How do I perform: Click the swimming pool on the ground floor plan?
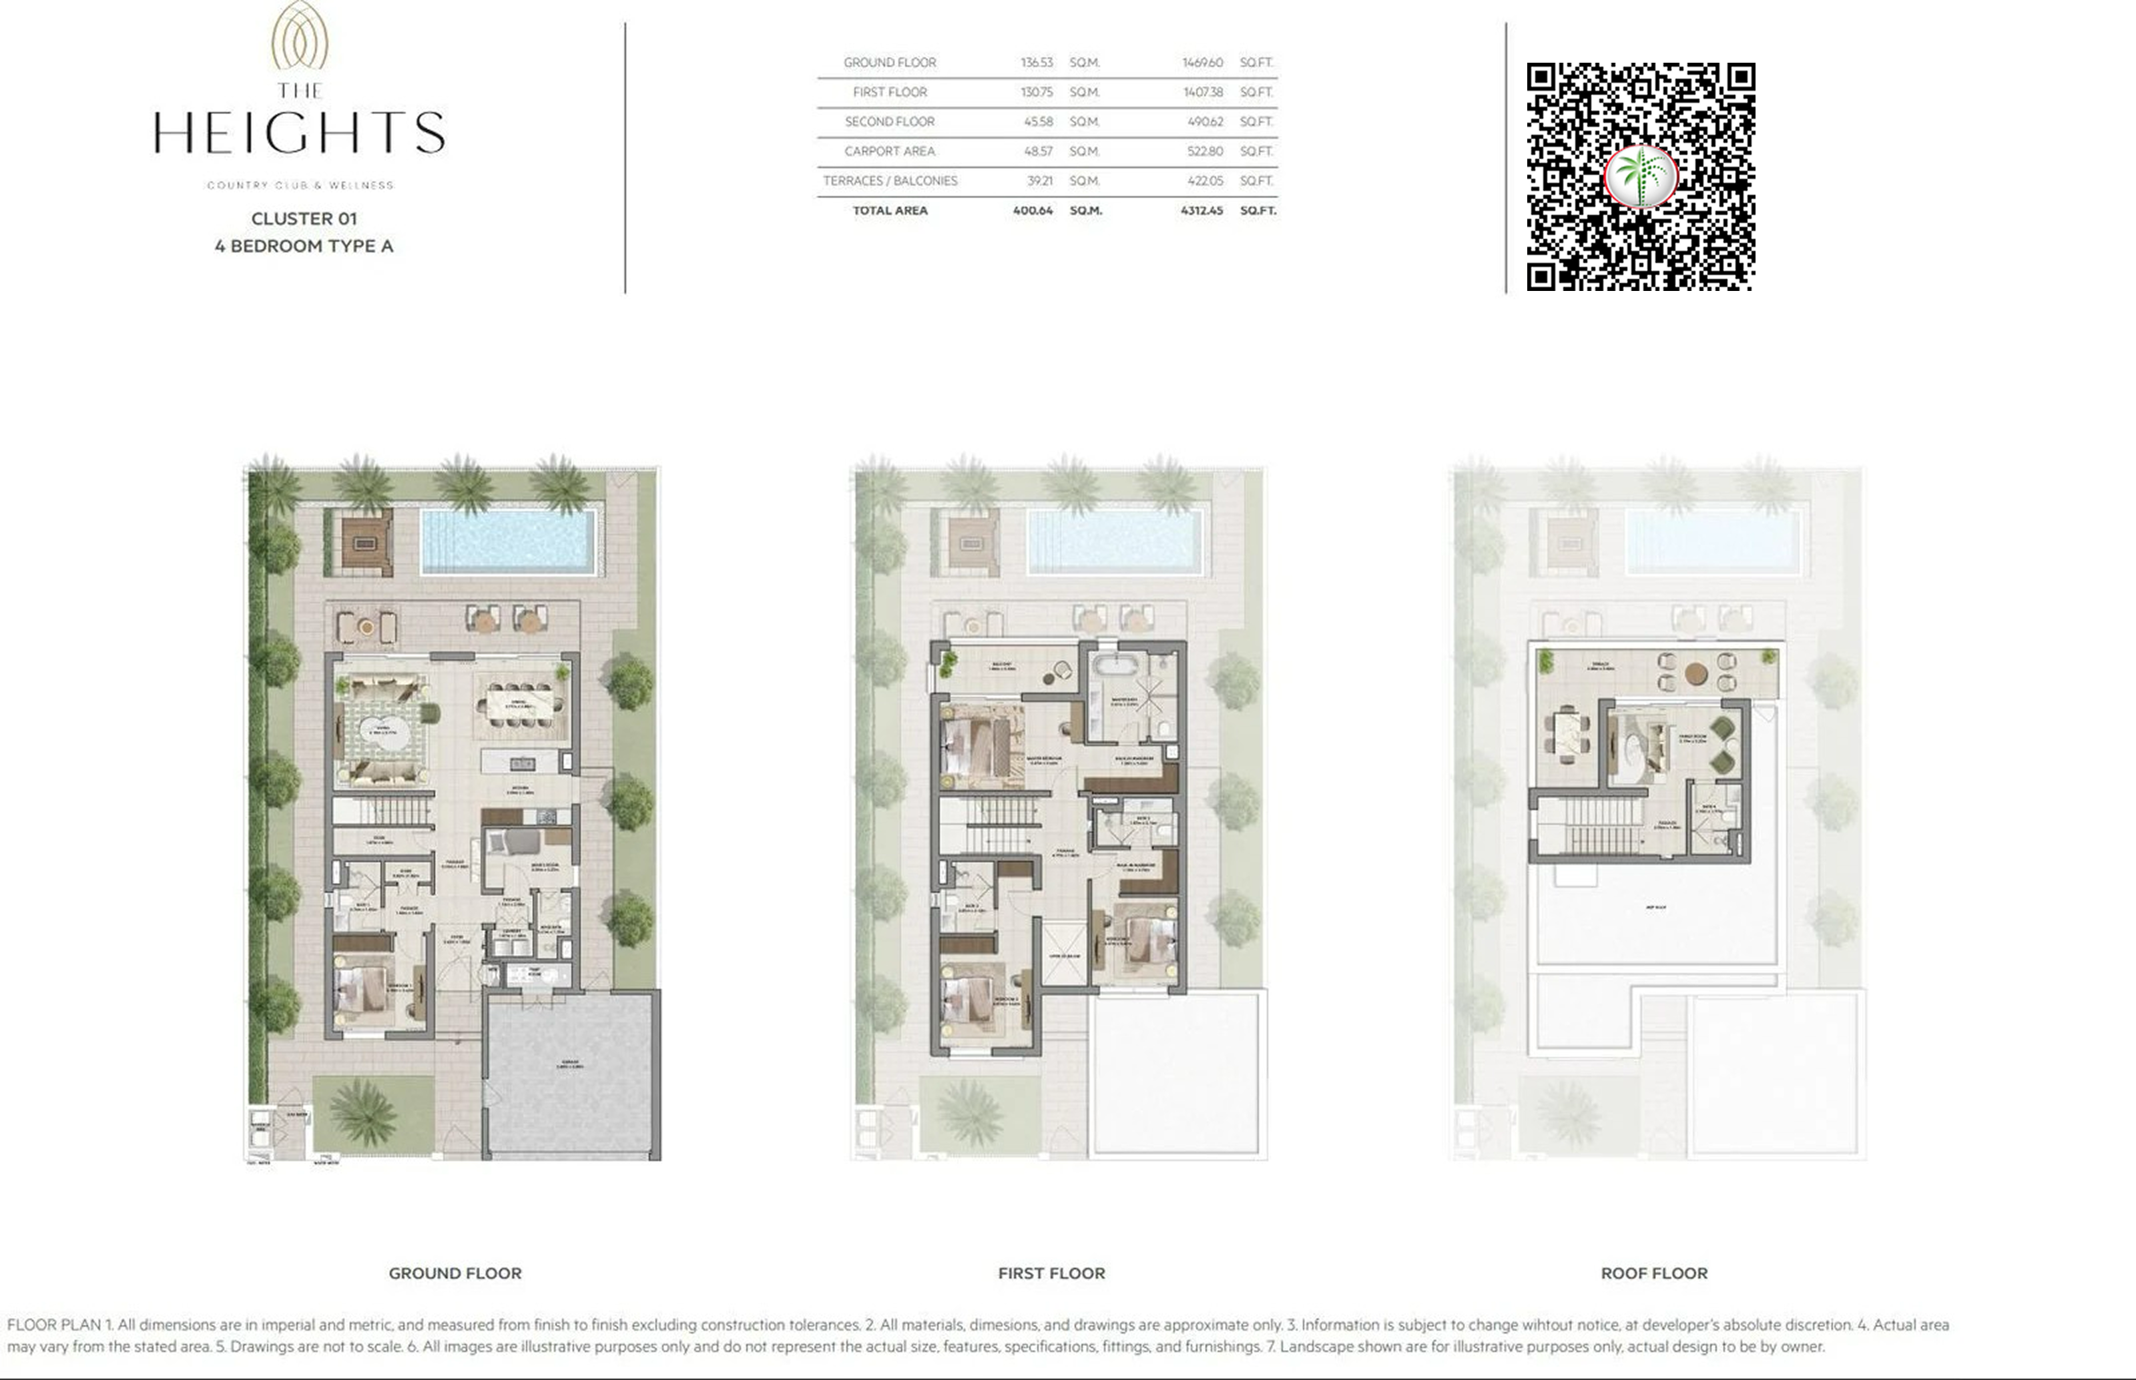tap(507, 541)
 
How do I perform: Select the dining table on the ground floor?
tap(520, 705)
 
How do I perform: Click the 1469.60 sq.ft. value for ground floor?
tap(1202, 63)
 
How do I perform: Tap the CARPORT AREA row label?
tap(889, 151)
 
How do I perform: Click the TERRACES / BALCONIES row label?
tap(890, 181)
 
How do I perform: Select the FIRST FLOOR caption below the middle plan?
tap(1051, 1273)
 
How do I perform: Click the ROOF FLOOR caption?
tap(1654, 1273)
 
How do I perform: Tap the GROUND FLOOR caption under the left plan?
tap(455, 1273)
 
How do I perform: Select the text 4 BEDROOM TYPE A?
tap(304, 246)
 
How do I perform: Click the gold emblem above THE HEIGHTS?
tap(300, 36)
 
